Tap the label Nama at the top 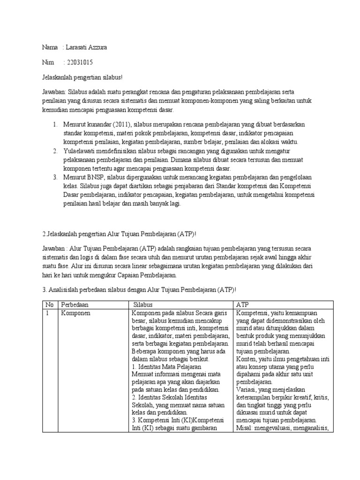50,48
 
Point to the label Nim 48,62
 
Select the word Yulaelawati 82,151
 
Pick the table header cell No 49,305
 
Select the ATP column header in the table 243,305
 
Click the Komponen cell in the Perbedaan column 76,313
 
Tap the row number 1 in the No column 47,313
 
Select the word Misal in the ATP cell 244,428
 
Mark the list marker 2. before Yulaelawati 55,151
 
